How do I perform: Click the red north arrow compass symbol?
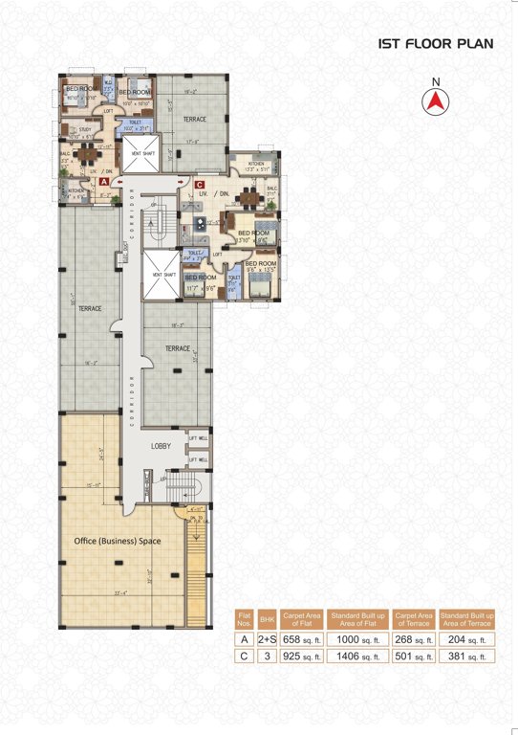436,100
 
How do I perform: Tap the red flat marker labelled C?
200,185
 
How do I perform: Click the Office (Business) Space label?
118,542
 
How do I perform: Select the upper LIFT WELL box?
198,440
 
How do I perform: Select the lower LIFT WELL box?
198,459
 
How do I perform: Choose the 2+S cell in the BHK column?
268,640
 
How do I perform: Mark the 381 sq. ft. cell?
467,657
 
